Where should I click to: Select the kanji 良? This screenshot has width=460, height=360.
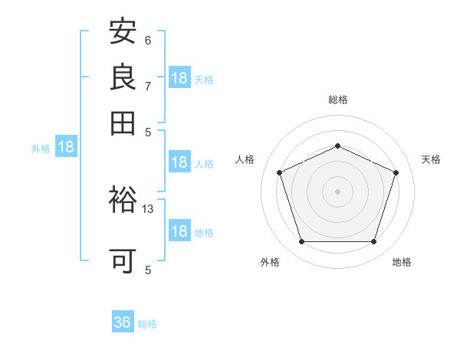coord(123,77)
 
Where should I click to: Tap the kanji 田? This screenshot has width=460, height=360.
coord(123,123)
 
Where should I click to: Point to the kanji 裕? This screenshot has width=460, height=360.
coord(123,199)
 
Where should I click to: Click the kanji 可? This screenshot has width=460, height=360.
coord(123,261)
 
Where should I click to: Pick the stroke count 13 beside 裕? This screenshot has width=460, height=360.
coord(147,209)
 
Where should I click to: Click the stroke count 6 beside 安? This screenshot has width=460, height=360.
coord(148,41)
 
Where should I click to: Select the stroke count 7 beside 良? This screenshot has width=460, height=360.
coord(148,87)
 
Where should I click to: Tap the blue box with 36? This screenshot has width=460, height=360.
coord(123,321)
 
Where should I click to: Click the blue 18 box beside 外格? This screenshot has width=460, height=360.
coord(66,146)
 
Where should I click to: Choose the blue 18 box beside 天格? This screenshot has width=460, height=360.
coord(180,77)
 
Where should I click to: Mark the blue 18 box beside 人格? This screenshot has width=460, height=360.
coord(180,162)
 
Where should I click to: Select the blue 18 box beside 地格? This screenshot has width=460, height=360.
coord(180,230)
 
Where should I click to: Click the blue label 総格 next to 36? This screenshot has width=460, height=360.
coord(147,324)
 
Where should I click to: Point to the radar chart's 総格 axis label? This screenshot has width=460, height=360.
coord(338,100)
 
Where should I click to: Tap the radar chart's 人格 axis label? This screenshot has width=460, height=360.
coord(245,159)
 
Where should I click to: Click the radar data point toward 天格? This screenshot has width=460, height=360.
coord(396,172)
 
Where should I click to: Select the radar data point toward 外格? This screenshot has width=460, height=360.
coord(302,241)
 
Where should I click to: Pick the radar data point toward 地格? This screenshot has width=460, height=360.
coord(373,241)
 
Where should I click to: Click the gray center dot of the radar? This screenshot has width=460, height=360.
coord(337,191)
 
